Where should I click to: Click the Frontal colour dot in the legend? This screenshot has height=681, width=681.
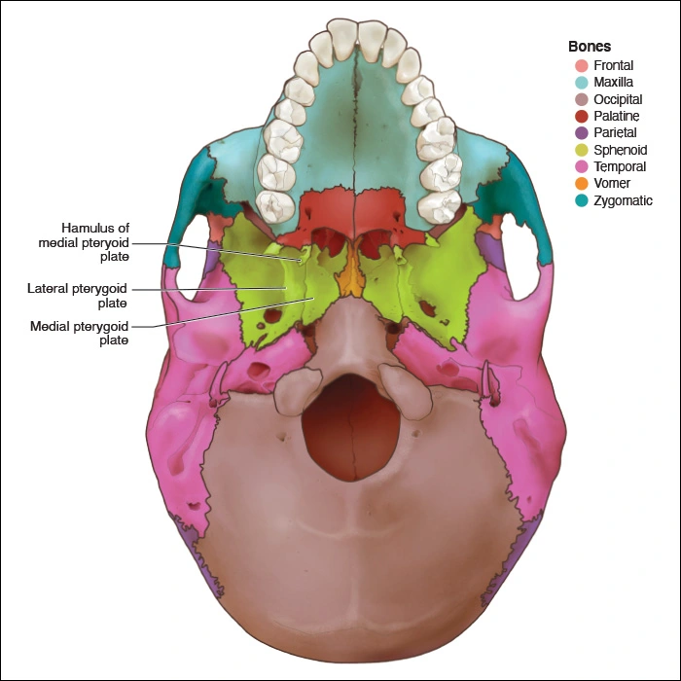click(581, 66)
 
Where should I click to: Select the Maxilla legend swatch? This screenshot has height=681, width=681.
click(581, 83)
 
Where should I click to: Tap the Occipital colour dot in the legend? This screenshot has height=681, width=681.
click(581, 100)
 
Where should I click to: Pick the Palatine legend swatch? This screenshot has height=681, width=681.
click(581, 117)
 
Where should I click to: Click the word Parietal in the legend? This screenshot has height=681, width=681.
click(615, 133)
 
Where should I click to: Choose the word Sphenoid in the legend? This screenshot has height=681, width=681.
click(620, 150)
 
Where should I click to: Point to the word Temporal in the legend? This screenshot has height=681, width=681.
click(620, 167)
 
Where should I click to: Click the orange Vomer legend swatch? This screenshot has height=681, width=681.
click(581, 184)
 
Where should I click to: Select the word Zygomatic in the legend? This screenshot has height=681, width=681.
click(623, 200)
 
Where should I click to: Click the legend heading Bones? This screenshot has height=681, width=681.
click(590, 47)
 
